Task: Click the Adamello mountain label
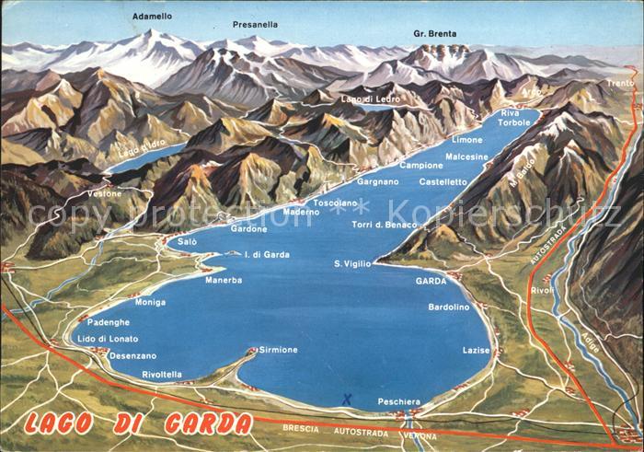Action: [152, 17]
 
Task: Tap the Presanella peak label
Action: [255, 24]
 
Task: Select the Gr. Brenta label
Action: [434, 34]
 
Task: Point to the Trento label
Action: [620, 83]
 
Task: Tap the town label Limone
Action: [466, 140]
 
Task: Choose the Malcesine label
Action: [466, 157]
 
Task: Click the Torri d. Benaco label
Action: [384, 226]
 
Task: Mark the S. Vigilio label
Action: [352, 264]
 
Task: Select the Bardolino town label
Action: [449, 307]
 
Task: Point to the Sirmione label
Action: [279, 350]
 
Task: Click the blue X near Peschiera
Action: [347, 399]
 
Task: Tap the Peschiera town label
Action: [398, 402]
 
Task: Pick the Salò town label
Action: [187, 241]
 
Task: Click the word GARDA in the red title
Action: [207, 424]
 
